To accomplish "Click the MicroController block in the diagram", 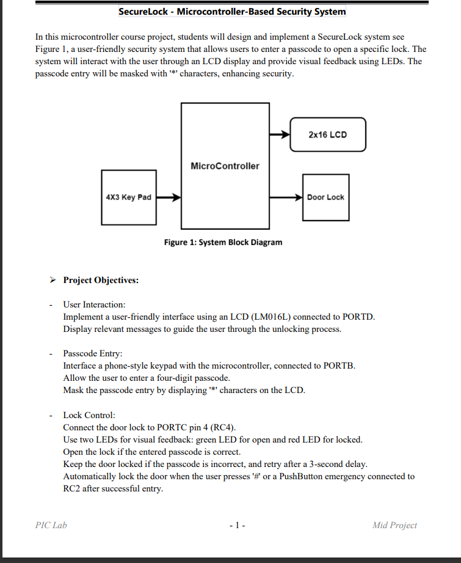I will pos(225,166).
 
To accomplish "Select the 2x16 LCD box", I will pos(327,134).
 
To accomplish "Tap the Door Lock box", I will pos(325,197).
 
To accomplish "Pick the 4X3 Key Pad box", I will pos(128,197).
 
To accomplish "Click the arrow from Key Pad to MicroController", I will pos(168,197).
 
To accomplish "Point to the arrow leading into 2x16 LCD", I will pos(279,134).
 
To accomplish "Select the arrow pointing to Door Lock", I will pos(286,197).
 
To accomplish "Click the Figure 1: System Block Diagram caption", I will pos(223,243).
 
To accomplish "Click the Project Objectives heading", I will pos(101,281).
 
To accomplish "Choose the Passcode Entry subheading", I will pos(93,353).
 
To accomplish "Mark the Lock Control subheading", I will pos(89,415).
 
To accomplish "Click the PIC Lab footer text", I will pos(51,525).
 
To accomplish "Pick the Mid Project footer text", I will pos(394,525).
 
